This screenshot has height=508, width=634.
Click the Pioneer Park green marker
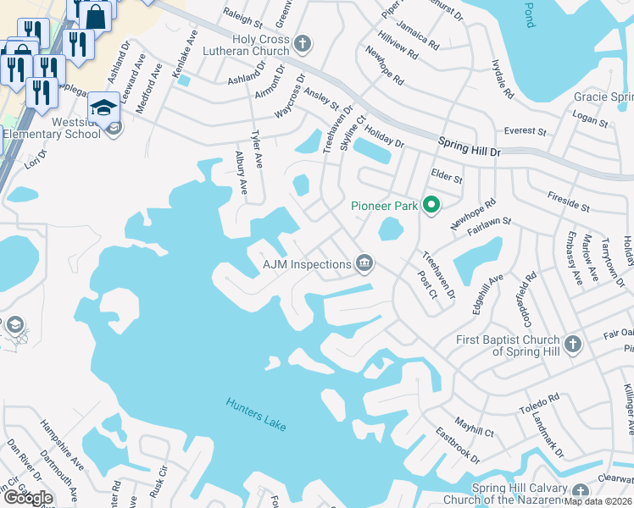click(x=431, y=206)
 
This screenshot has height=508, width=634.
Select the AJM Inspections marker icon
click(x=364, y=263)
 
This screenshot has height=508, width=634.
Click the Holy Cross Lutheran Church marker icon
click(x=303, y=45)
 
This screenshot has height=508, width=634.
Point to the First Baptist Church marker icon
click(x=573, y=345)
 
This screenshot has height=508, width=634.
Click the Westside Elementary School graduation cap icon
click(x=103, y=108)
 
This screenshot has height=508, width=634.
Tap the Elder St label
click(x=447, y=179)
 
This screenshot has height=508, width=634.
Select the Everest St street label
click(x=525, y=131)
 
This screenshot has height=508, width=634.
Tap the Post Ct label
click(x=426, y=285)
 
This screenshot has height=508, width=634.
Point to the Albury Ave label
click(x=241, y=174)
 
